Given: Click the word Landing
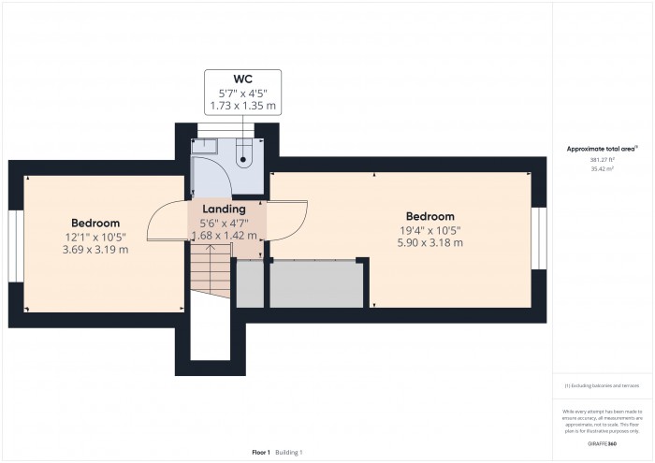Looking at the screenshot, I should (x=224, y=209).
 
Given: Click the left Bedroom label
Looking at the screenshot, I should (x=96, y=223).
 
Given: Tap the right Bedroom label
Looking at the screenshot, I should (x=430, y=216).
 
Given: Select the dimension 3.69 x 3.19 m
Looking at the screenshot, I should (x=96, y=250).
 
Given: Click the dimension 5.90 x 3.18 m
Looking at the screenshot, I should (x=430, y=243).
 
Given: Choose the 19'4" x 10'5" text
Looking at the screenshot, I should (x=430, y=230).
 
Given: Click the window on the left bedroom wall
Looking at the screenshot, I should (x=15, y=244).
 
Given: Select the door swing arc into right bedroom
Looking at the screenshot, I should (x=293, y=224).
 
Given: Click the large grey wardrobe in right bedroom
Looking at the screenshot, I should (x=315, y=284).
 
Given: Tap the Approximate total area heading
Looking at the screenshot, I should (x=602, y=148).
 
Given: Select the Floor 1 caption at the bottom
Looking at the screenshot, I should (x=260, y=453).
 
